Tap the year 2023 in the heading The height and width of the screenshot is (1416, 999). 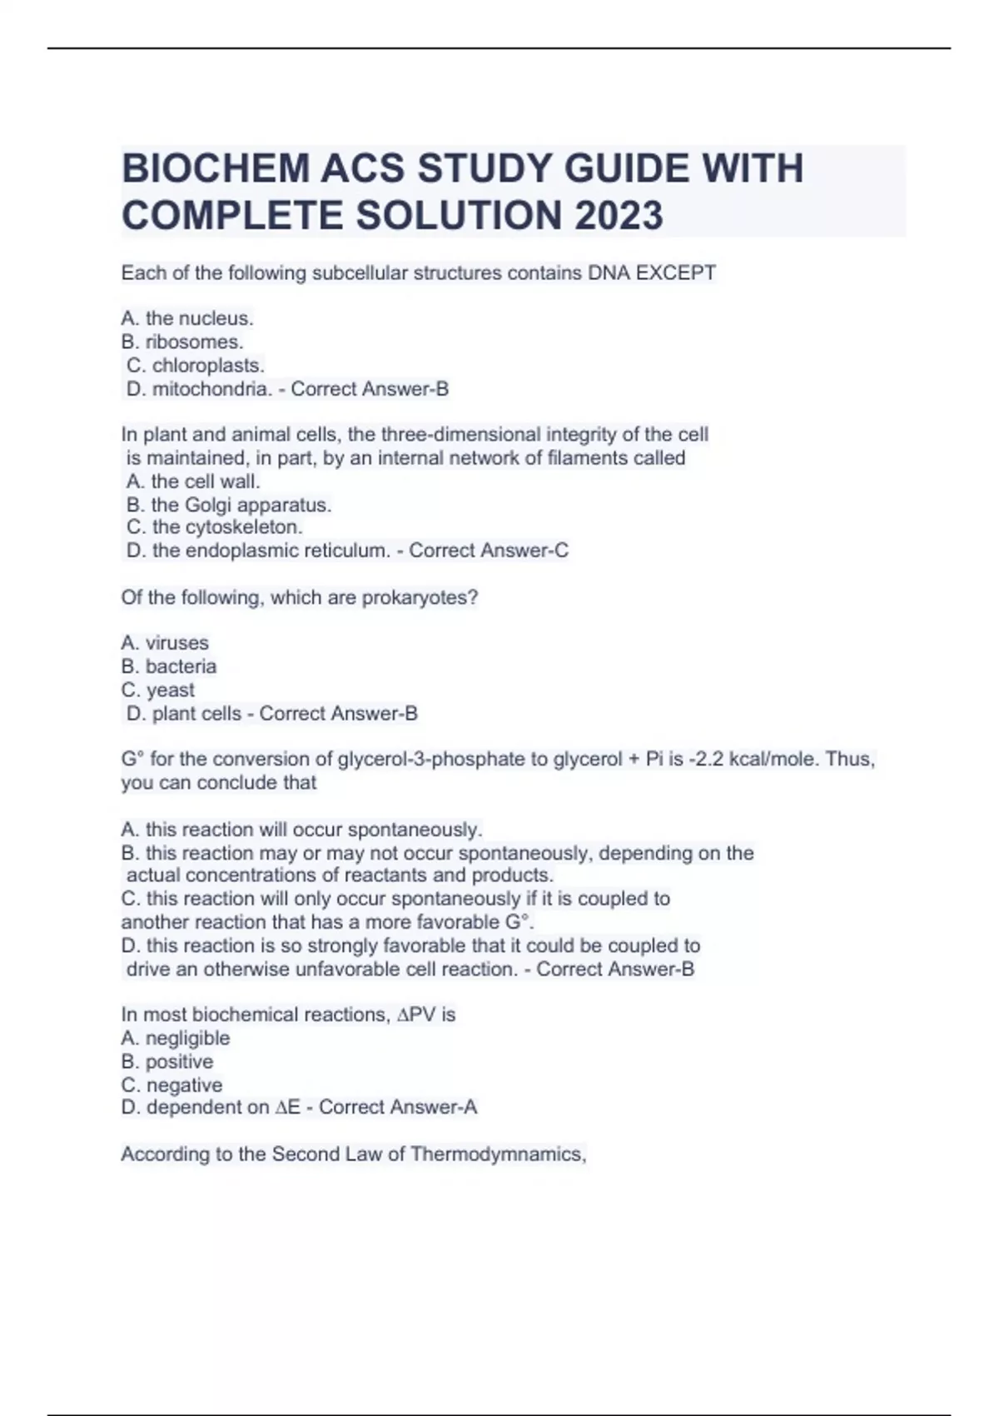coord(618,216)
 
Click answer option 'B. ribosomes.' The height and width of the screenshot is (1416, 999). coord(182,342)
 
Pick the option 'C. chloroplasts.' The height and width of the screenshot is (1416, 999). coord(196,365)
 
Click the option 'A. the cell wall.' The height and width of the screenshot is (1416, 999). coord(193,481)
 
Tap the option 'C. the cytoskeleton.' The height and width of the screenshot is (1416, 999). coord(214,527)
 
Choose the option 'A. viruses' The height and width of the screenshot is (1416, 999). coord(165,643)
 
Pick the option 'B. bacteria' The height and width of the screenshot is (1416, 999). coord(169,666)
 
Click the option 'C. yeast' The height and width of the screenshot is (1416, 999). coord(158,690)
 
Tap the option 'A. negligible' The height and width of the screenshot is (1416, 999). coord(176,1038)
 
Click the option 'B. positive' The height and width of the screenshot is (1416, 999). coord(167,1061)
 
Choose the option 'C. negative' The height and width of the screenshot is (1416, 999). coord(171,1084)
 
